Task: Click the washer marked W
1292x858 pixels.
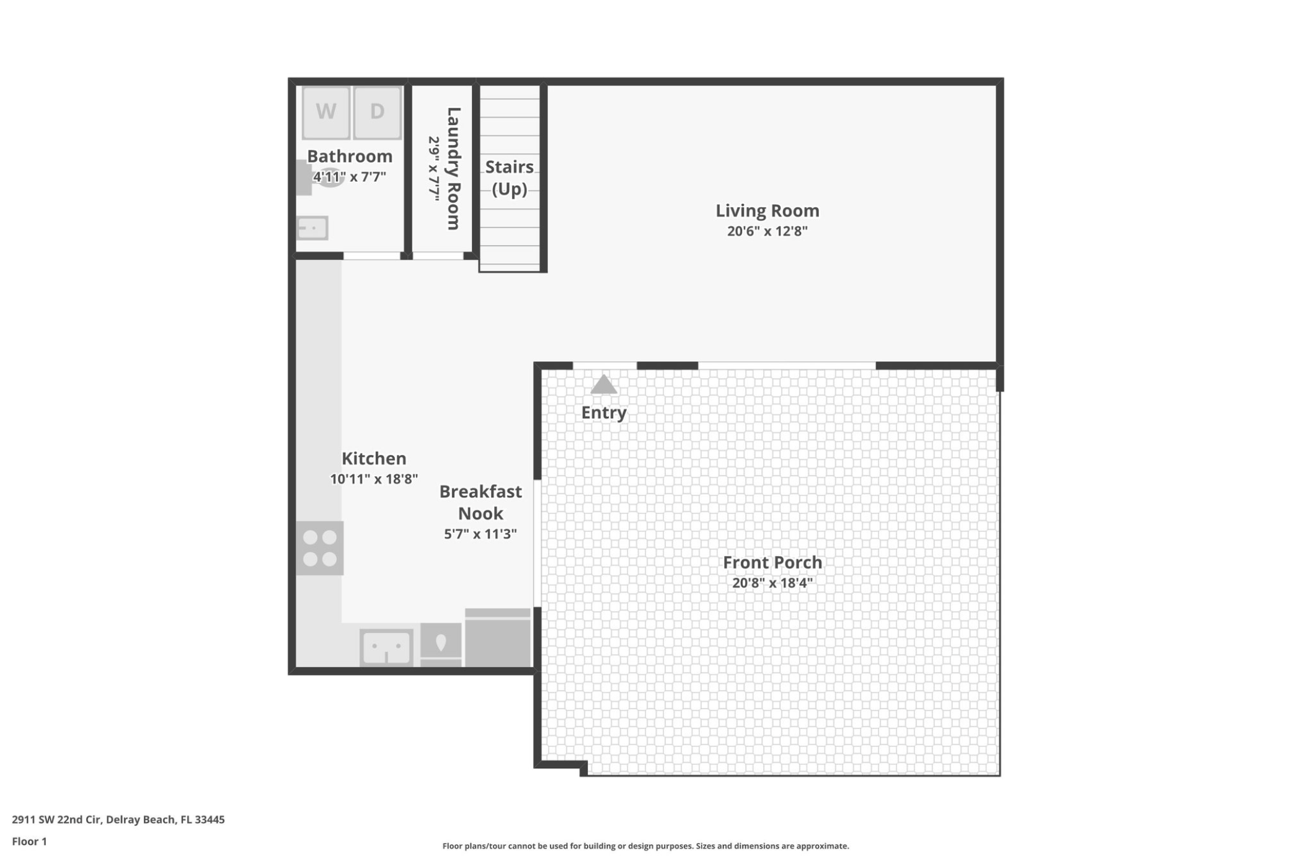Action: tap(326, 112)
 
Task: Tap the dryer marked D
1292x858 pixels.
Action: tap(377, 112)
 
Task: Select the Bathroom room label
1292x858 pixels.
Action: tap(350, 156)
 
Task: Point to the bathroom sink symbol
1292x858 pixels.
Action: tap(312, 228)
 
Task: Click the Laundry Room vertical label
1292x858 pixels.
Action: tap(454, 169)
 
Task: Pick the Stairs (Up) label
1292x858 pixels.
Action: tap(510, 177)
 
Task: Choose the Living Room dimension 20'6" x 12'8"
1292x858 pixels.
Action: tap(768, 231)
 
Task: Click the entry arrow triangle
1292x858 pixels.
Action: tap(603, 384)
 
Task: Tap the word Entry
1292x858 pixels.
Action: tap(604, 413)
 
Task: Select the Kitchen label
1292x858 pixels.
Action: tap(374, 459)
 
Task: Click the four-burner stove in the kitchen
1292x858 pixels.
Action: tap(319, 548)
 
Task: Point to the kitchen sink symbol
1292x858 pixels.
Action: tap(386, 648)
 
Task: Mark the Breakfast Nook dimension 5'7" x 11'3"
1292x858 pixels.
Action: tap(480, 534)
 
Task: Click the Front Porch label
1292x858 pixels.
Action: tap(772, 562)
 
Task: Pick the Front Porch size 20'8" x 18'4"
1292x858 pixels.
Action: tap(772, 583)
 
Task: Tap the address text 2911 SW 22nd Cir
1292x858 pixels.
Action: tap(56, 820)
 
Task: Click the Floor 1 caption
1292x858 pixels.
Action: tap(29, 841)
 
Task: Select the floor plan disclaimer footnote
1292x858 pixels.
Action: tap(645, 846)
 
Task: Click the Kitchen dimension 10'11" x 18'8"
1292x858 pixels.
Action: tap(374, 479)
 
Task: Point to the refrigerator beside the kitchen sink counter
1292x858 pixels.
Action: tap(498, 638)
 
